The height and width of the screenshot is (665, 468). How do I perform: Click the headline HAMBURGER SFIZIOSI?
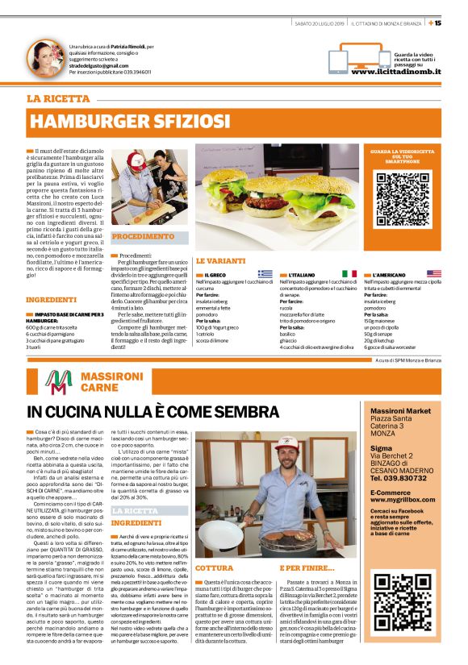click(x=129, y=121)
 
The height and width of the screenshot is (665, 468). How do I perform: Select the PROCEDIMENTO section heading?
click(x=142, y=237)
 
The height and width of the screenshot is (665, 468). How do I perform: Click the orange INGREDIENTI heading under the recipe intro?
click(x=52, y=300)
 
